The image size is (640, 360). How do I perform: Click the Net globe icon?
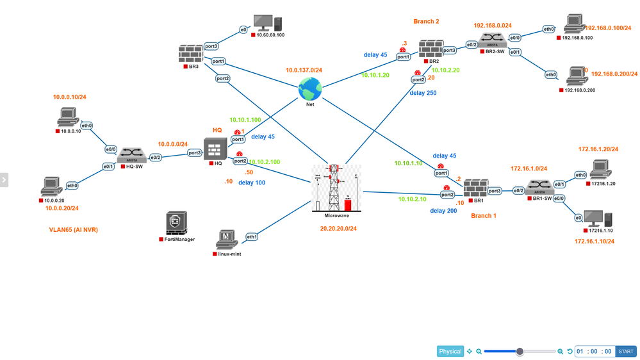[x=310, y=88]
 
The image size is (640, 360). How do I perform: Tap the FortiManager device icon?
[x=176, y=223]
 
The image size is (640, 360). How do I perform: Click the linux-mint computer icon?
[x=227, y=239]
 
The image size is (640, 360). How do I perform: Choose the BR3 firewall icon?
[x=191, y=54]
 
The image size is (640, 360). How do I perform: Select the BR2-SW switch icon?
[x=493, y=40]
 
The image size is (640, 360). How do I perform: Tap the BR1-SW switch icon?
[x=539, y=187]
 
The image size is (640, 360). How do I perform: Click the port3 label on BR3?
[x=211, y=46]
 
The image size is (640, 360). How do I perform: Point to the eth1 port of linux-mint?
[x=252, y=237]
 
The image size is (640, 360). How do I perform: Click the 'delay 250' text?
[x=423, y=93]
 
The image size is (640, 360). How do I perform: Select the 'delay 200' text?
[x=443, y=211]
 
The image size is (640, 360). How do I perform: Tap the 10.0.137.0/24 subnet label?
[x=304, y=70]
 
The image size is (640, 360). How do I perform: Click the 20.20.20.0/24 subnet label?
[x=339, y=228]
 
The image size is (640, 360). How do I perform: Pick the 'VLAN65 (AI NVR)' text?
[x=74, y=229]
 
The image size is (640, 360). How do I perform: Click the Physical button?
[x=450, y=351]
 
